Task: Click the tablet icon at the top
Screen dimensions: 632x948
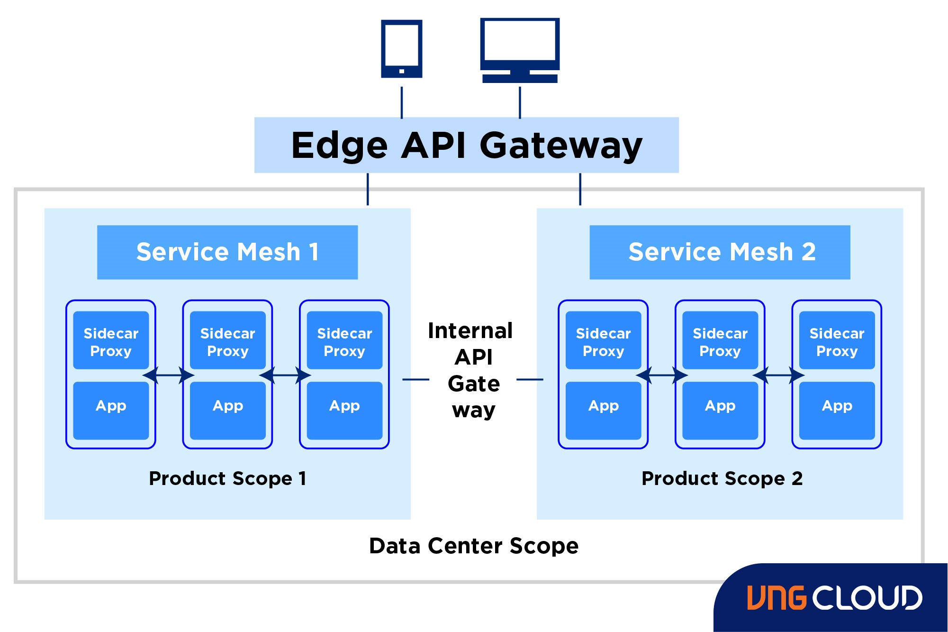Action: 402,48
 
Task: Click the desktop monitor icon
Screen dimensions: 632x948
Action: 520,49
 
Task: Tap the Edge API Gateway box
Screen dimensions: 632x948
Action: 466,145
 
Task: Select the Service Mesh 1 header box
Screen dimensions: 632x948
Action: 227,252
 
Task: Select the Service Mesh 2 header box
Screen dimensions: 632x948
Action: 720,252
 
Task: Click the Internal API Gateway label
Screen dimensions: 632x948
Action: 473,370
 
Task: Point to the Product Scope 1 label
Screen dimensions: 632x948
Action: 227,478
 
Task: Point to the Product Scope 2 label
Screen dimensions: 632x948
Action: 722,478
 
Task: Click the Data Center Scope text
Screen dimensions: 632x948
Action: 474,546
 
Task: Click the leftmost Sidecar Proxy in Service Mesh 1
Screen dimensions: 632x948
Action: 111,340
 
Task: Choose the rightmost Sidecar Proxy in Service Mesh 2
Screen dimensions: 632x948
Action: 837,340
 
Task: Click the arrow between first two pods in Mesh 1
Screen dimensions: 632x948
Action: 169,376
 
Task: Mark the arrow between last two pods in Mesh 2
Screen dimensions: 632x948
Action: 778,376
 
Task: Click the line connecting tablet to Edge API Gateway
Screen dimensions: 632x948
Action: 402,102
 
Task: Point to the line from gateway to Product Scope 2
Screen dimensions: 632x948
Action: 580,189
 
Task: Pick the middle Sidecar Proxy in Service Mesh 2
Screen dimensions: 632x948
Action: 720,340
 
